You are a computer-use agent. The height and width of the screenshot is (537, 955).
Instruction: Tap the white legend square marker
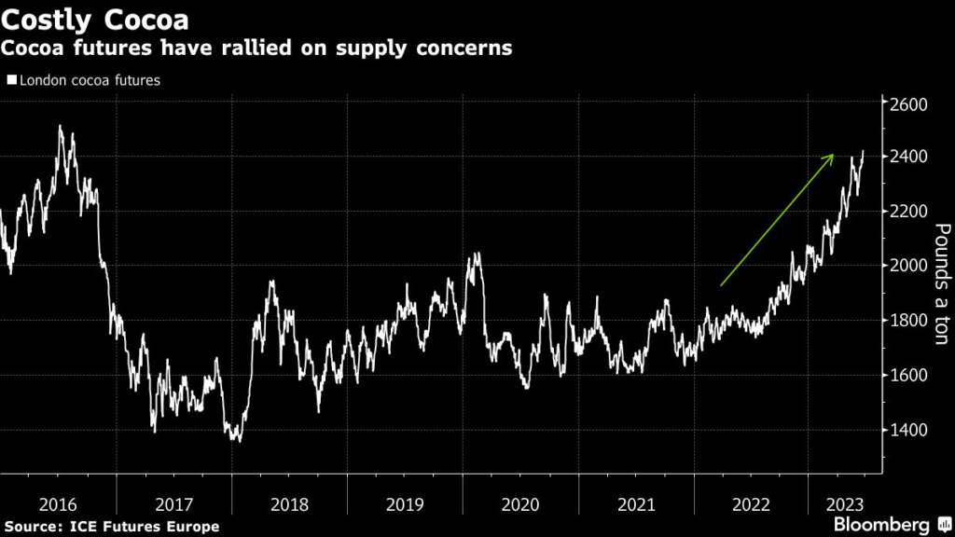tap(11, 81)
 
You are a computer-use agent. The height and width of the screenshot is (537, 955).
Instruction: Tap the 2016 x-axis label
tap(58, 504)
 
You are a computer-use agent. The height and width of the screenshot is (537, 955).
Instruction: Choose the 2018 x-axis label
tap(289, 504)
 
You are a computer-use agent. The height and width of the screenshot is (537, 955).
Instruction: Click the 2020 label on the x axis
tap(520, 504)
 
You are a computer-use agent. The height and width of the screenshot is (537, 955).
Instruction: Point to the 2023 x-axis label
tap(843, 504)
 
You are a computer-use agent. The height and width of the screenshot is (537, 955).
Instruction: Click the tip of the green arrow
tap(833, 155)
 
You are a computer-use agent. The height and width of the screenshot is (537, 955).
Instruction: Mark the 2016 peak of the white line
tap(61, 127)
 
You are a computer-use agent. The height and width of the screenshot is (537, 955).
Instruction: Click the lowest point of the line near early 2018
tap(238, 441)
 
